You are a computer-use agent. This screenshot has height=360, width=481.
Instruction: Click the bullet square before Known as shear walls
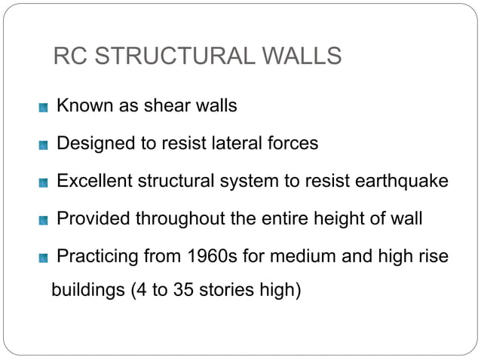(x=44, y=108)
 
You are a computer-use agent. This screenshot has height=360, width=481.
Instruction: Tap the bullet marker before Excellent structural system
(x=44, y=183)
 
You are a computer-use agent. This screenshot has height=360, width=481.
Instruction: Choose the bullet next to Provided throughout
(x=44, y=221)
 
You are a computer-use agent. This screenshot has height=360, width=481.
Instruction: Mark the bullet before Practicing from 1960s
(x=44, y=258)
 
